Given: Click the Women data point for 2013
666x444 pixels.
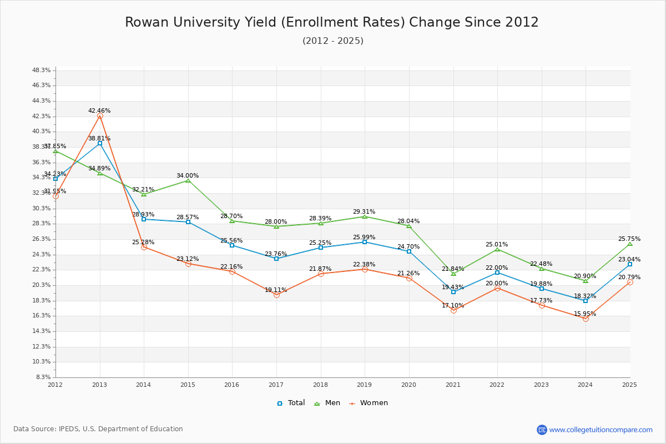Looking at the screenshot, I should pos(100,116).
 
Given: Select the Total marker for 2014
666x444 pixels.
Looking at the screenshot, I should pos(144,219).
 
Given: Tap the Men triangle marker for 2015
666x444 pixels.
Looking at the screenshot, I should pos(188,180).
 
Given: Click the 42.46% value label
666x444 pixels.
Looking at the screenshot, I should pos(99,110).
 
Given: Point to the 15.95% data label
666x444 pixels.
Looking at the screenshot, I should pos(585,314).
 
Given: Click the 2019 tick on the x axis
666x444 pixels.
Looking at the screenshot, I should pos(364,384).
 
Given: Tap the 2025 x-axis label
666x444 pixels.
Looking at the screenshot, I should pos(629,384).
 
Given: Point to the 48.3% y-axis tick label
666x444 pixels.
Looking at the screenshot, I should pos(42,70).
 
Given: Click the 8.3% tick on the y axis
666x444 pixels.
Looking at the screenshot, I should pos(43,377).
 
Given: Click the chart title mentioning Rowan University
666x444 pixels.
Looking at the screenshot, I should pos(332,22).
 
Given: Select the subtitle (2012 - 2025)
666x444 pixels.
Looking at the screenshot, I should pos(332,41).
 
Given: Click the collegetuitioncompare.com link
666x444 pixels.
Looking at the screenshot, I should pos(601,430).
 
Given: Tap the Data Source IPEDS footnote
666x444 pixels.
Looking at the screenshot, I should pos(98,429).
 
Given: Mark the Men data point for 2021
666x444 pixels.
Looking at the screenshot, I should pos(453,274).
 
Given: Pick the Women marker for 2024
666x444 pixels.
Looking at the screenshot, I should pos(586,319).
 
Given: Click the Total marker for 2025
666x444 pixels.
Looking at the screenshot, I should pos(630,264).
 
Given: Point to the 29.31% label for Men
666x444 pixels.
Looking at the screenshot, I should pos(364,211).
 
